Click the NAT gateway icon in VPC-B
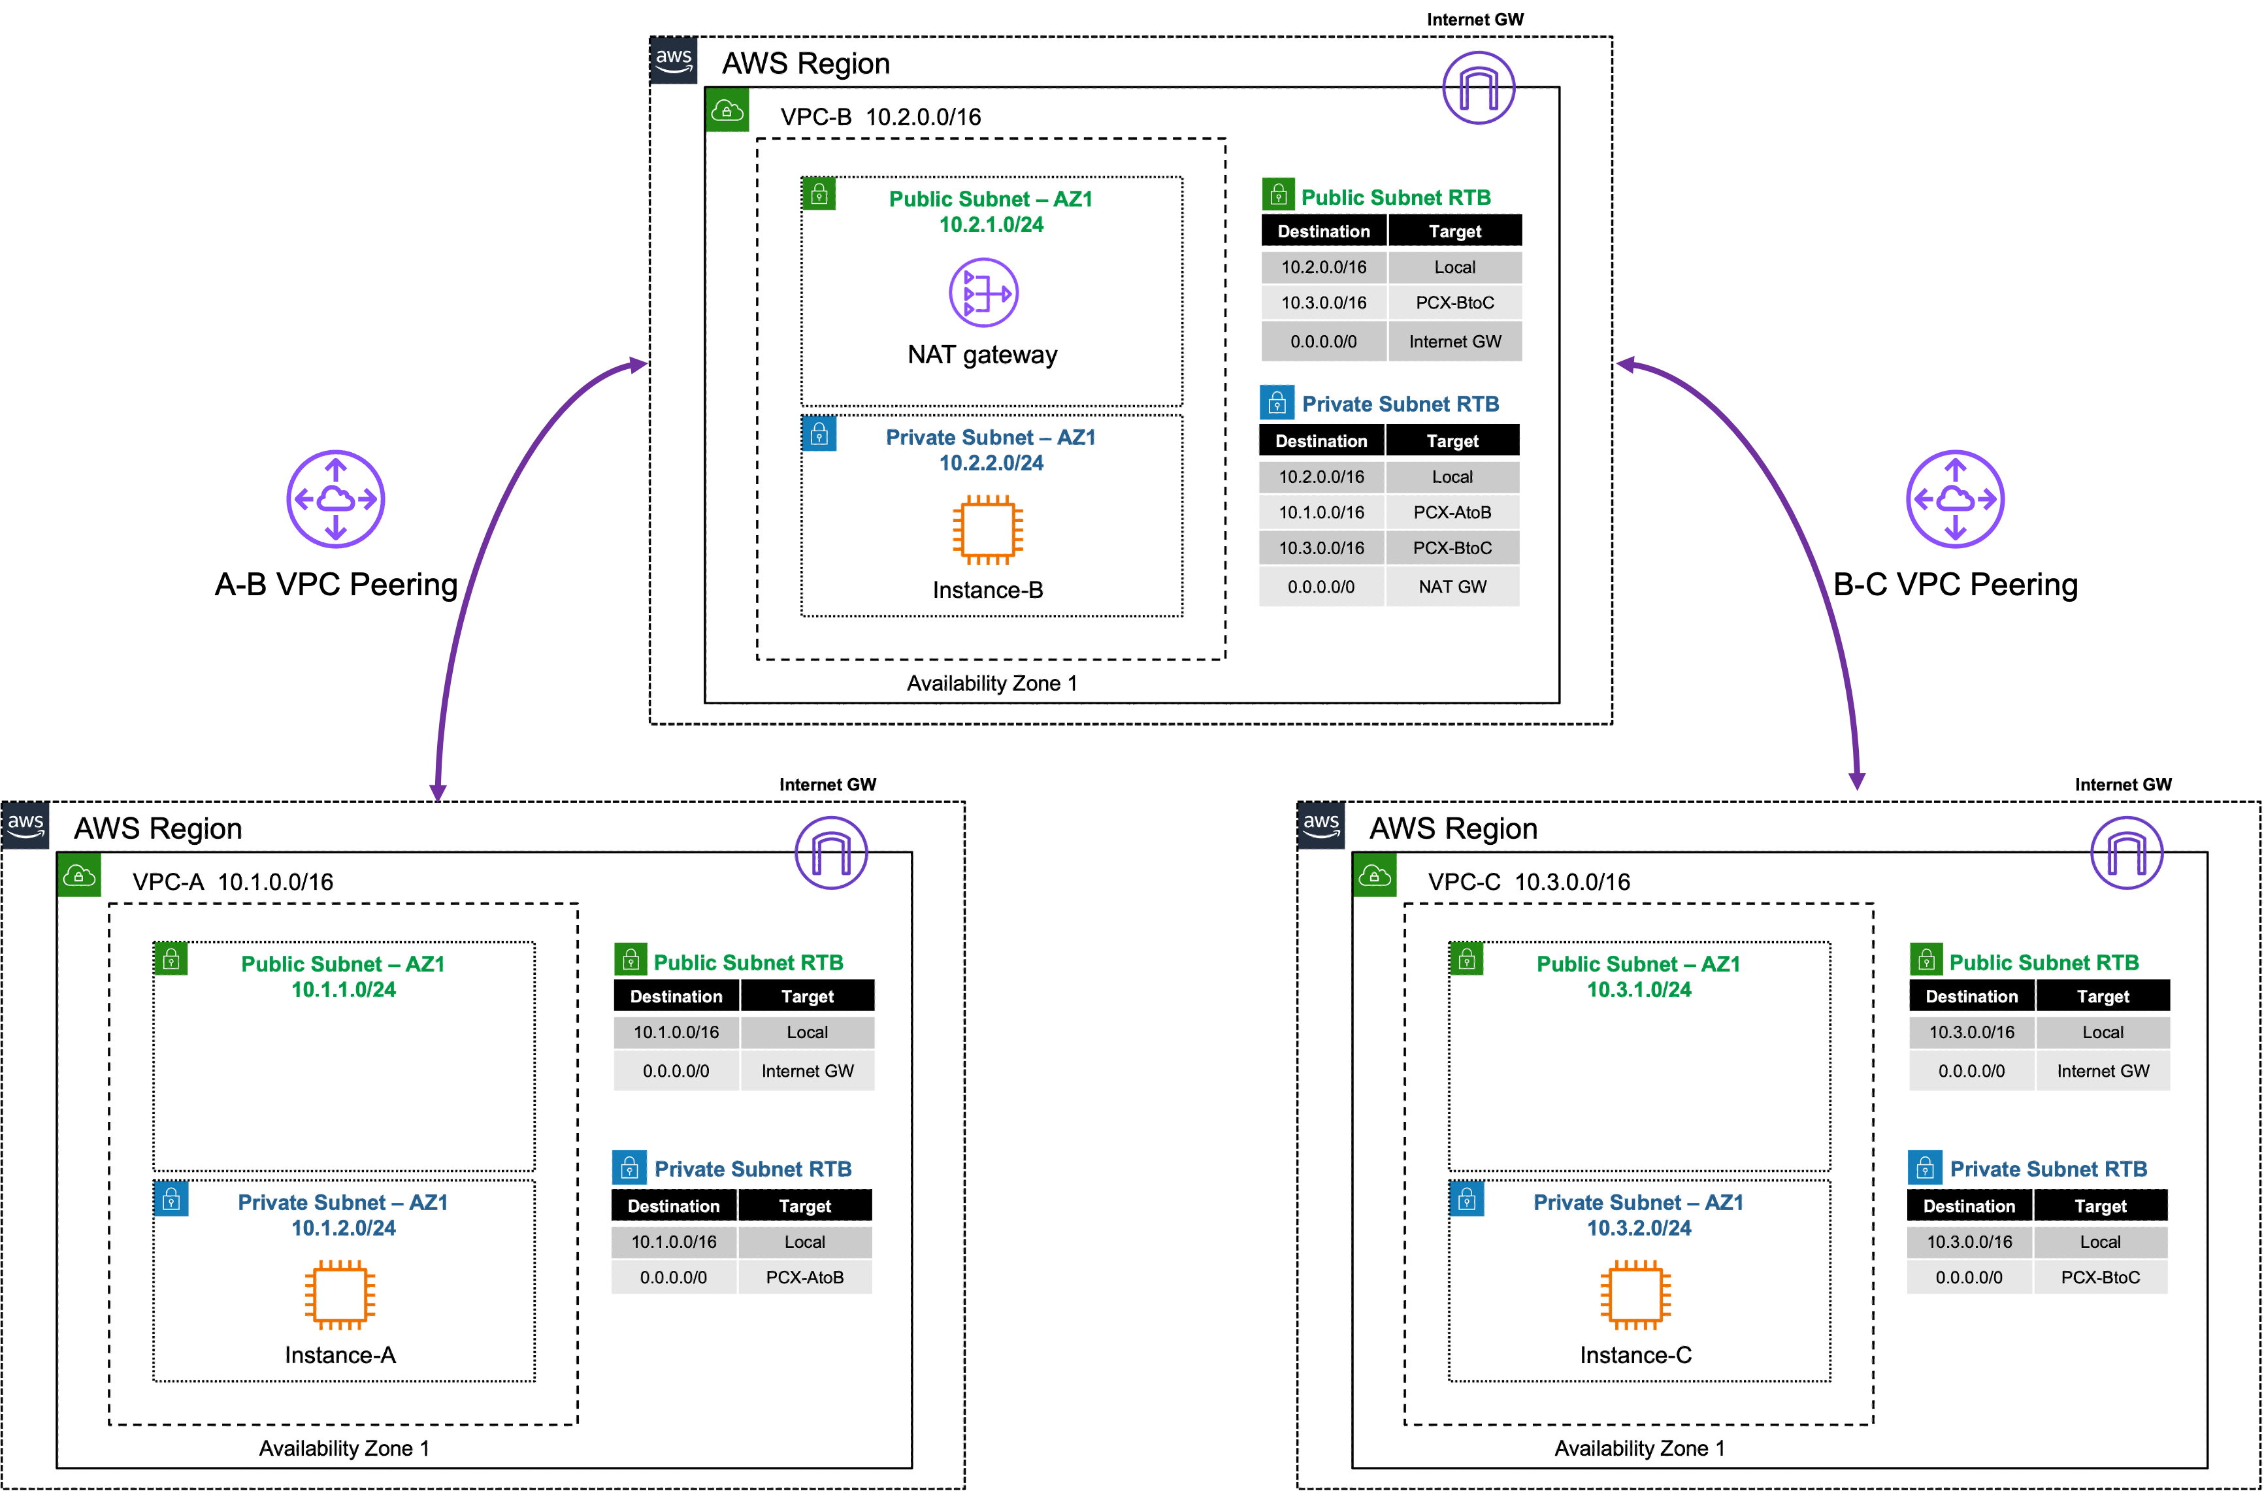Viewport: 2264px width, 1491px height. [x=983, y=293]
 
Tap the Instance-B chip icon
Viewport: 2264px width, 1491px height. [x=987, y=529]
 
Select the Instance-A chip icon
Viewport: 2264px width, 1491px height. [x=340, y=1294]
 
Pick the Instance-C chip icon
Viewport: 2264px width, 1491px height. [x=1635, y=1294]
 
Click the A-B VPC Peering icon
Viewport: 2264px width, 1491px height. [x=336, y=499]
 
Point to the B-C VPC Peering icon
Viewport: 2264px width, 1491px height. [x=1955, y=499]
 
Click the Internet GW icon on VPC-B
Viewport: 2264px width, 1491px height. [x=1478, y=88]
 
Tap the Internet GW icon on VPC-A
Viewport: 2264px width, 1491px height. [x=830, y=853]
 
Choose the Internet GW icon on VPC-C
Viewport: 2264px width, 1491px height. [x=2126, y=853]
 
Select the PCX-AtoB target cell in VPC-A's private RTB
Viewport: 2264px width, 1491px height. [x=805, y=1277]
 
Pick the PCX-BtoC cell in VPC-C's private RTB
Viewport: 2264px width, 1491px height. [x=2101, y=1277]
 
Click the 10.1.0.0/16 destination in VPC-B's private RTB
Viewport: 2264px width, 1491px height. [x=1321, y=512]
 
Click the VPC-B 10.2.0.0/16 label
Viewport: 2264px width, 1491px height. [x=880, y=117]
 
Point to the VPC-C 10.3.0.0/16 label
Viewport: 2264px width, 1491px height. [x=1529, y=882]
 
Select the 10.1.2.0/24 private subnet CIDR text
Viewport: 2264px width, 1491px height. [x=344, y=1228]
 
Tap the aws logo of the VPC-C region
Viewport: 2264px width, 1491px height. [x=1321, y=825]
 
